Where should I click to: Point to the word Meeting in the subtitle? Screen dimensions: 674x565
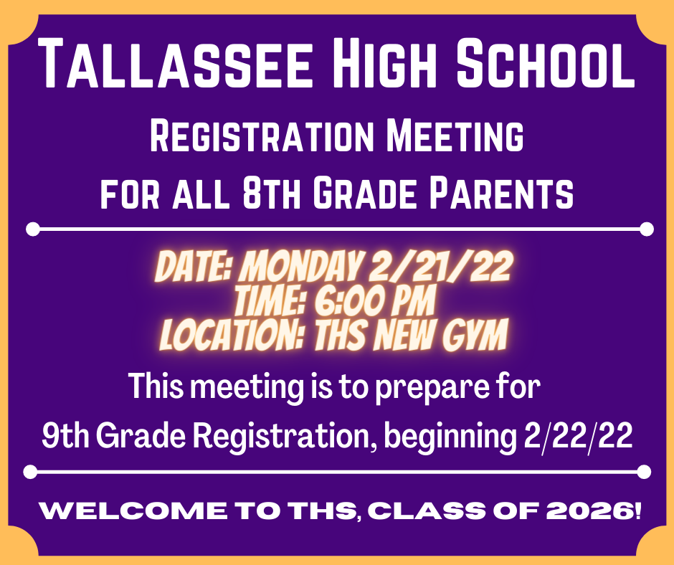point(455,136)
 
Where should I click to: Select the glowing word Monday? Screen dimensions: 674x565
point(299,267)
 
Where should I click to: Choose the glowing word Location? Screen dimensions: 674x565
point(232,335)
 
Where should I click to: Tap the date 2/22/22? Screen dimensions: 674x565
point(578,435)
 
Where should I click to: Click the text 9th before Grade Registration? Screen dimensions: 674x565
point(65,435)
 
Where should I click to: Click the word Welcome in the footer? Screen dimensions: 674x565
point(133,511)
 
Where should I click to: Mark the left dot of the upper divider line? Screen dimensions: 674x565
point(33,229)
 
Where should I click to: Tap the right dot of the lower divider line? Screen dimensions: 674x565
point(643,472)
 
